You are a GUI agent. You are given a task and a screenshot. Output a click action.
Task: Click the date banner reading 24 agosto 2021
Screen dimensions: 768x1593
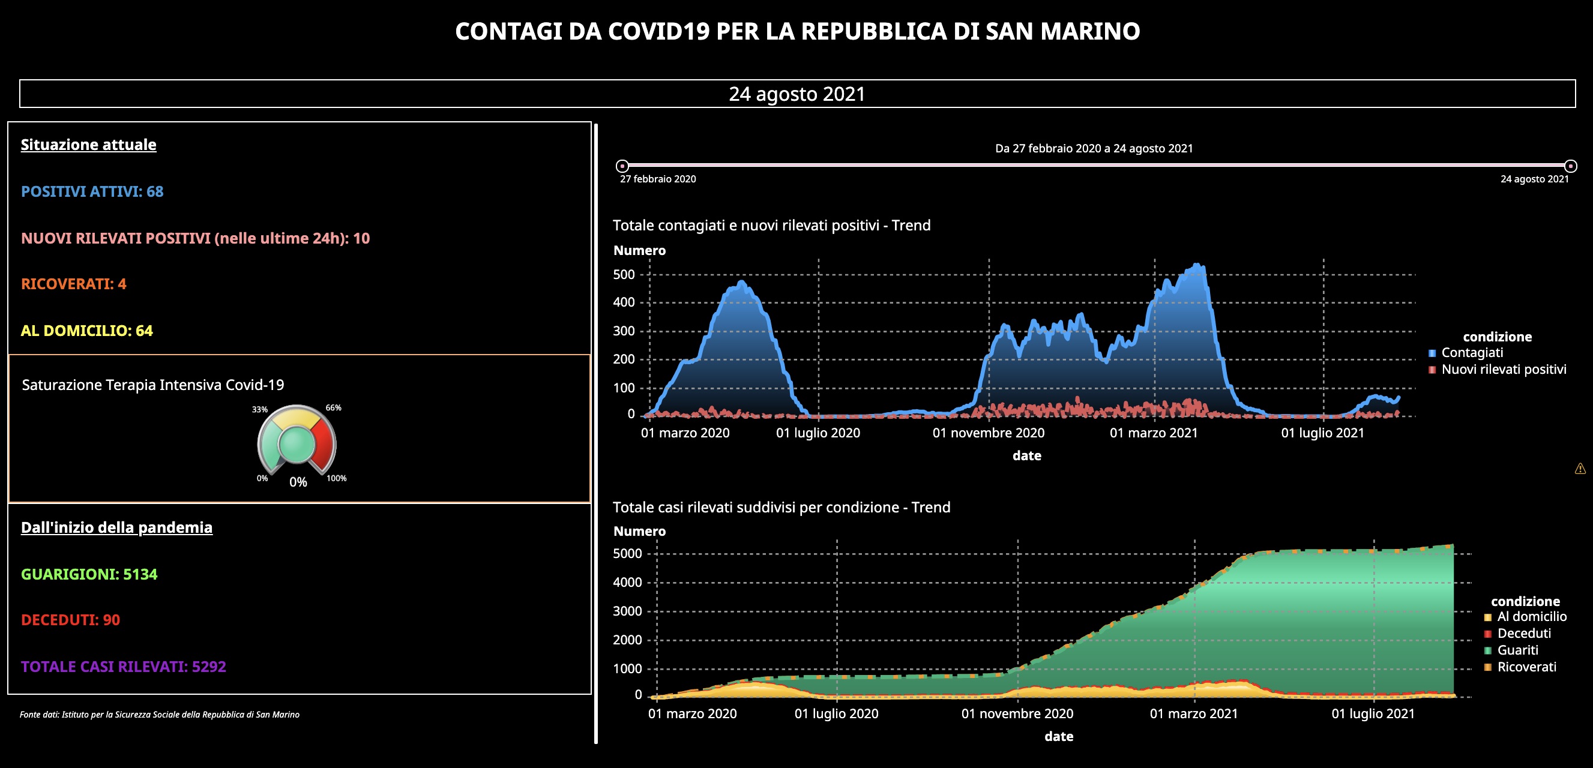(x=796, y=94)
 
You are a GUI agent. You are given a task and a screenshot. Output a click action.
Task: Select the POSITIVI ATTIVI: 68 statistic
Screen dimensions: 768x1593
(x=92, y=191)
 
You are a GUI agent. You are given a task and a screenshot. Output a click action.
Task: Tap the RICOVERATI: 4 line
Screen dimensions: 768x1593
(x=74, y=284)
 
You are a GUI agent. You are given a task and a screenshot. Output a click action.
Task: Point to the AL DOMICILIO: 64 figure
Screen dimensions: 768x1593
(x=86, y=331)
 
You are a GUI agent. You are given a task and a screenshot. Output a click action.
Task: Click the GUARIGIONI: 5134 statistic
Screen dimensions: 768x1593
(x=89, y=574)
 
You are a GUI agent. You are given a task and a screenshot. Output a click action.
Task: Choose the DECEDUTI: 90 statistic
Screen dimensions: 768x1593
(x=70, y=620)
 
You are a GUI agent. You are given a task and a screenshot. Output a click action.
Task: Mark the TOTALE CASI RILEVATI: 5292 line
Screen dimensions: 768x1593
(x=124, y=667)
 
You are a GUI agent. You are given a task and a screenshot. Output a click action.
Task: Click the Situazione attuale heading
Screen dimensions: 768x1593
(x=88, y=145)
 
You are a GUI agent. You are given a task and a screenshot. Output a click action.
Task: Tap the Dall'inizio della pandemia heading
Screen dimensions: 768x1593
(x=117, y=527)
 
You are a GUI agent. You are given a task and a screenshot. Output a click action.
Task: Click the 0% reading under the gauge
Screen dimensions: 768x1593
(x=298, y=482)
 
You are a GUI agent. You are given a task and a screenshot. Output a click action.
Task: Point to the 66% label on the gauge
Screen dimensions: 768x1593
(x=333, y=408)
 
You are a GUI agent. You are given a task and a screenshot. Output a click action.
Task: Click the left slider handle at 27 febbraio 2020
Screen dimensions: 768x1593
(x=622, y=166)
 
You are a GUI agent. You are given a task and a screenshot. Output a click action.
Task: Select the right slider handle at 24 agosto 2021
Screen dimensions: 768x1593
(x=1570, y=166)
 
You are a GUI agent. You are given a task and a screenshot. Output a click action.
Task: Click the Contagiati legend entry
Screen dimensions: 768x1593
(x=1472, y=353)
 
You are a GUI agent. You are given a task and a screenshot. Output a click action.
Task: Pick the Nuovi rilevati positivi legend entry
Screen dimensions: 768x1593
(x=1504, y=370)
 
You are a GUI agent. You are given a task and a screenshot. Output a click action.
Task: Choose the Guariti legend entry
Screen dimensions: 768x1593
(x=1517, y=650)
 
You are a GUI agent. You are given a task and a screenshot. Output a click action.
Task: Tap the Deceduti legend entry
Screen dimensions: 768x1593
(x=1524, y=634)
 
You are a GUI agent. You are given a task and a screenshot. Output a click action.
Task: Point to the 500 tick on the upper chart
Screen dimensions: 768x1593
(x=624, y=275)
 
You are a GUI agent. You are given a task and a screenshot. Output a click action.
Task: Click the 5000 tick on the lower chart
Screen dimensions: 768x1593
(x=627, y=554)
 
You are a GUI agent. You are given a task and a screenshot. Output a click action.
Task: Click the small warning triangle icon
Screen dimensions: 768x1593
(x=1580, y=469)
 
